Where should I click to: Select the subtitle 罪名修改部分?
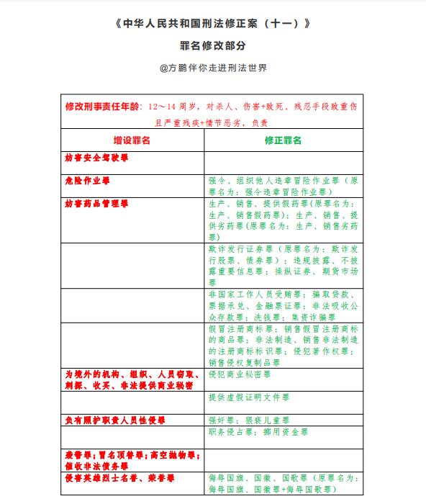point(212,46)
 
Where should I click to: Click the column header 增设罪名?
point(132,140)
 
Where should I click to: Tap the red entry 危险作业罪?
point(87,180)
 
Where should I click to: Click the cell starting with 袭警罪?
point(131,460)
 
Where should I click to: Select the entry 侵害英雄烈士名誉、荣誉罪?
point(119,477)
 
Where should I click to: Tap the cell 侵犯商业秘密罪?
point(240,375)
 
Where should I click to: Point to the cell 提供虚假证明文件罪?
point(249,397)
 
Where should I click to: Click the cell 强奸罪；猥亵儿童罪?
point(249,420)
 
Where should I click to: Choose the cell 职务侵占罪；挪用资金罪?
point(258,432)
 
